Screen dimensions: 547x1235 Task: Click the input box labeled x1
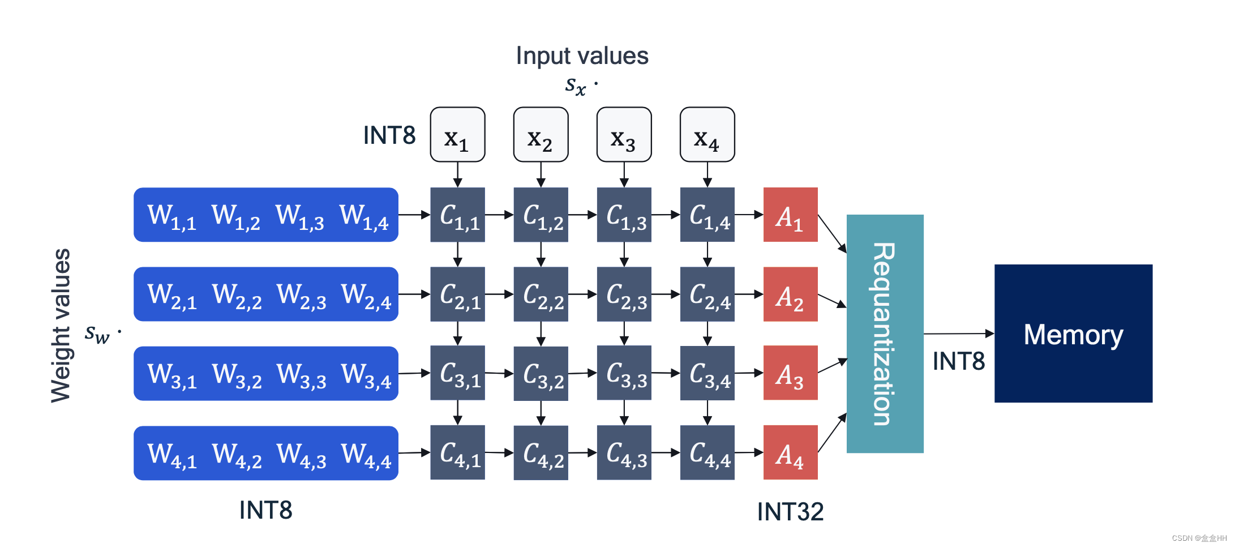pos(457,135)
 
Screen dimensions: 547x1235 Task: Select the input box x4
pos(707,135)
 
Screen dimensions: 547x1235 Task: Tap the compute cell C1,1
pos(457,215)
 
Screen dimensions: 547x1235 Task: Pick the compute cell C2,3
pos(624,294)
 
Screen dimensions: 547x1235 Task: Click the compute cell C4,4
pos(707,453)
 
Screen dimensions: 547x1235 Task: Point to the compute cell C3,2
pos(541,374)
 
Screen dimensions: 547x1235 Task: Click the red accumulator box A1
pos(790,215)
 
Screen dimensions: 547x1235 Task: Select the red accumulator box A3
pos(790,373)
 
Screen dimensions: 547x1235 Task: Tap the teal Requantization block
pos(885,334)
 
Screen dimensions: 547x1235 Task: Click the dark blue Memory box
pos(1073,334)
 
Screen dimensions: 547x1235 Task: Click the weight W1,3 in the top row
pos(299,216)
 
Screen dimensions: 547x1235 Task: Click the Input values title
pos(582,55)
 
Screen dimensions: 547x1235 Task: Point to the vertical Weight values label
pos(61,326)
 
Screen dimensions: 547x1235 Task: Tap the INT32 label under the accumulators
pos(790,512)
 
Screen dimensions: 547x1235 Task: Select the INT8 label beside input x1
pos(389,135)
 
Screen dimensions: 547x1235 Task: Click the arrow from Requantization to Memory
pos(958,334)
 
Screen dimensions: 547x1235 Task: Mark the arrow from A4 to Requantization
pos(832,433)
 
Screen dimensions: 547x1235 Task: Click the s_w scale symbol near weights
pos(97,334)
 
